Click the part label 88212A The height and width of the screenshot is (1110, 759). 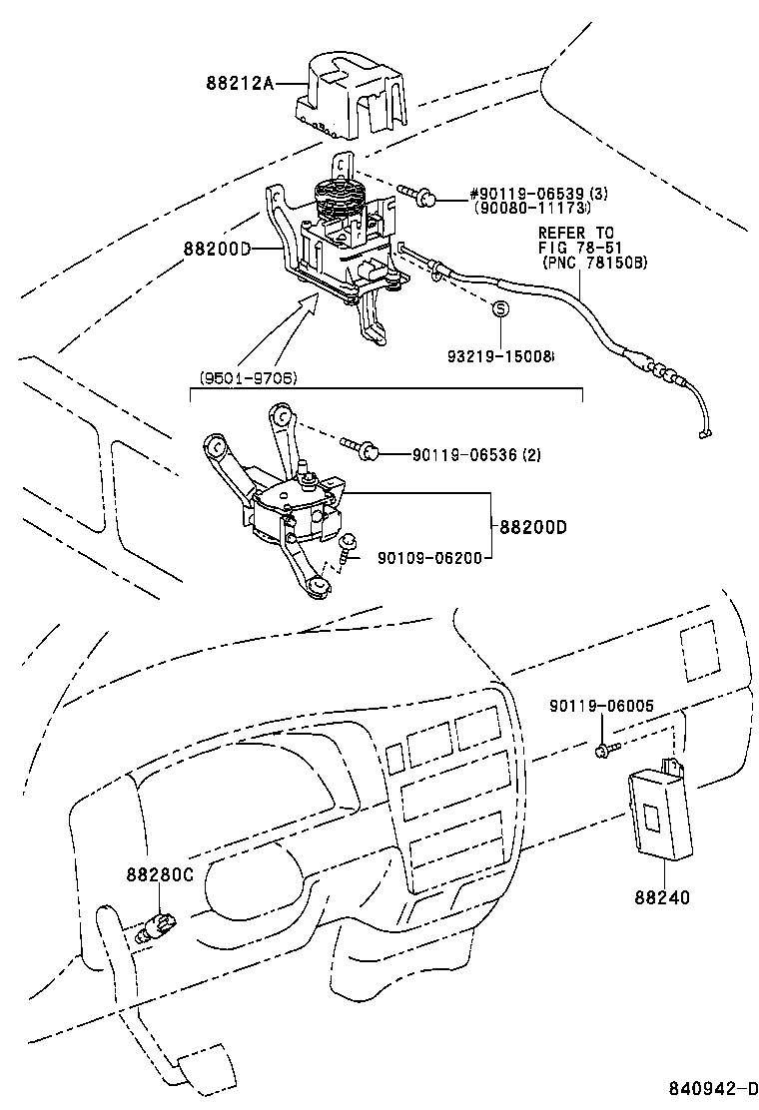click(x=239, y=84)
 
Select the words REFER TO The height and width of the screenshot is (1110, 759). click(x=577, y=233)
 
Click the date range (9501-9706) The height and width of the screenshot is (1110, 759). click(x=248, y=377)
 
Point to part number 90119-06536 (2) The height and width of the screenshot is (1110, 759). click(x=476, y=454)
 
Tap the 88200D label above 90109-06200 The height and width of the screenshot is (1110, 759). click(x=532, y=526)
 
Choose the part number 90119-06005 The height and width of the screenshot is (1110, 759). click(x=601, y=706)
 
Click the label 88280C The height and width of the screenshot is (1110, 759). click(x=160, y=874)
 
